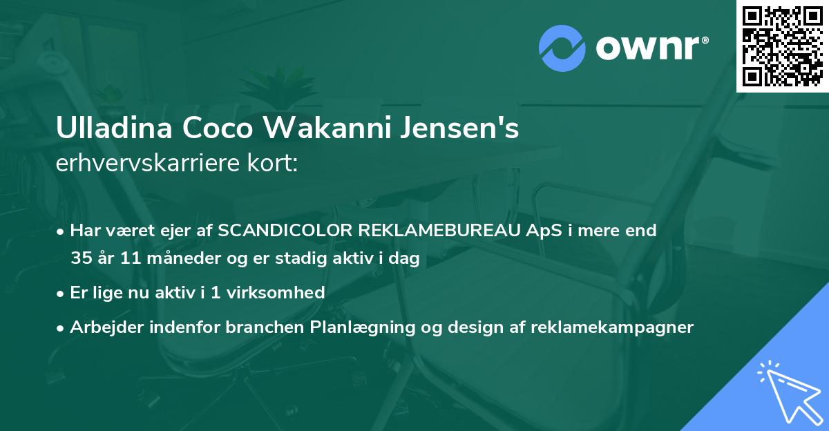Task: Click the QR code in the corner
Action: [x=782, y=46]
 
